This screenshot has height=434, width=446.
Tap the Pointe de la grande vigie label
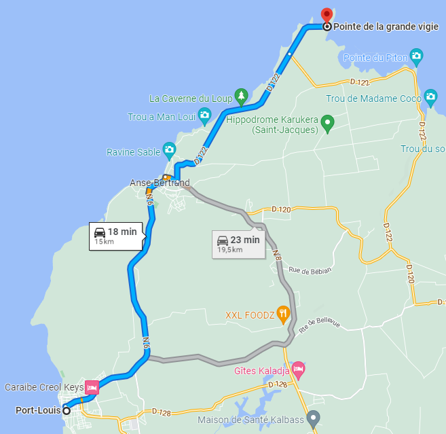[x=386, y=27]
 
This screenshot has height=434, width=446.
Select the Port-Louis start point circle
[x=67, y=410]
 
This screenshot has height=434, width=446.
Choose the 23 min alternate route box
[x=238, y=244]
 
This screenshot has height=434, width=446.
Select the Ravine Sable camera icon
[x=169, y=149]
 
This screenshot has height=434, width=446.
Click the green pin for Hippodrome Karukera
[x=328, y=124]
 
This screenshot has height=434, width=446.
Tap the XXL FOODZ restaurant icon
[x=284, y=314]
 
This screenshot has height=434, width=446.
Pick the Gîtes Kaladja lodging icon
[x=298, y=370]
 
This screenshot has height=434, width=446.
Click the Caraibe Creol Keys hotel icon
[x=92, y=388]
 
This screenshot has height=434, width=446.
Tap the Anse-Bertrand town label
[x=160, y=183]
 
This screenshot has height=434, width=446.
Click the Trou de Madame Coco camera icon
[x=430, y=97]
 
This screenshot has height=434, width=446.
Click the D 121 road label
[x=360, y=83]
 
